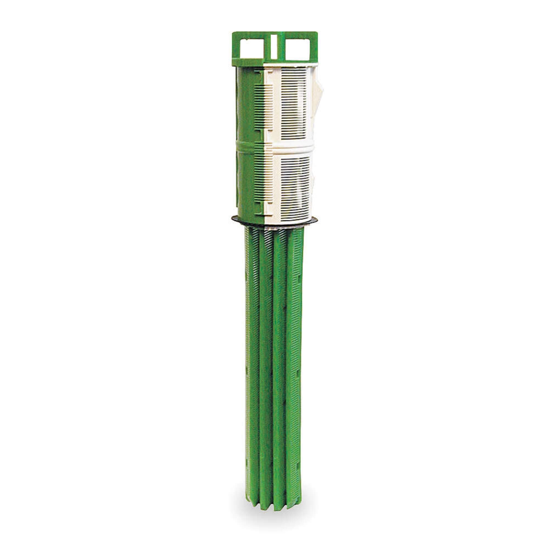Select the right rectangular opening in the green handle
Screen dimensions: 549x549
tap(298, 49)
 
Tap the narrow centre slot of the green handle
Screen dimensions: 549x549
tap(274, 47)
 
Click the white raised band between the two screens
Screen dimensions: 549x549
tap(293, 147)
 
